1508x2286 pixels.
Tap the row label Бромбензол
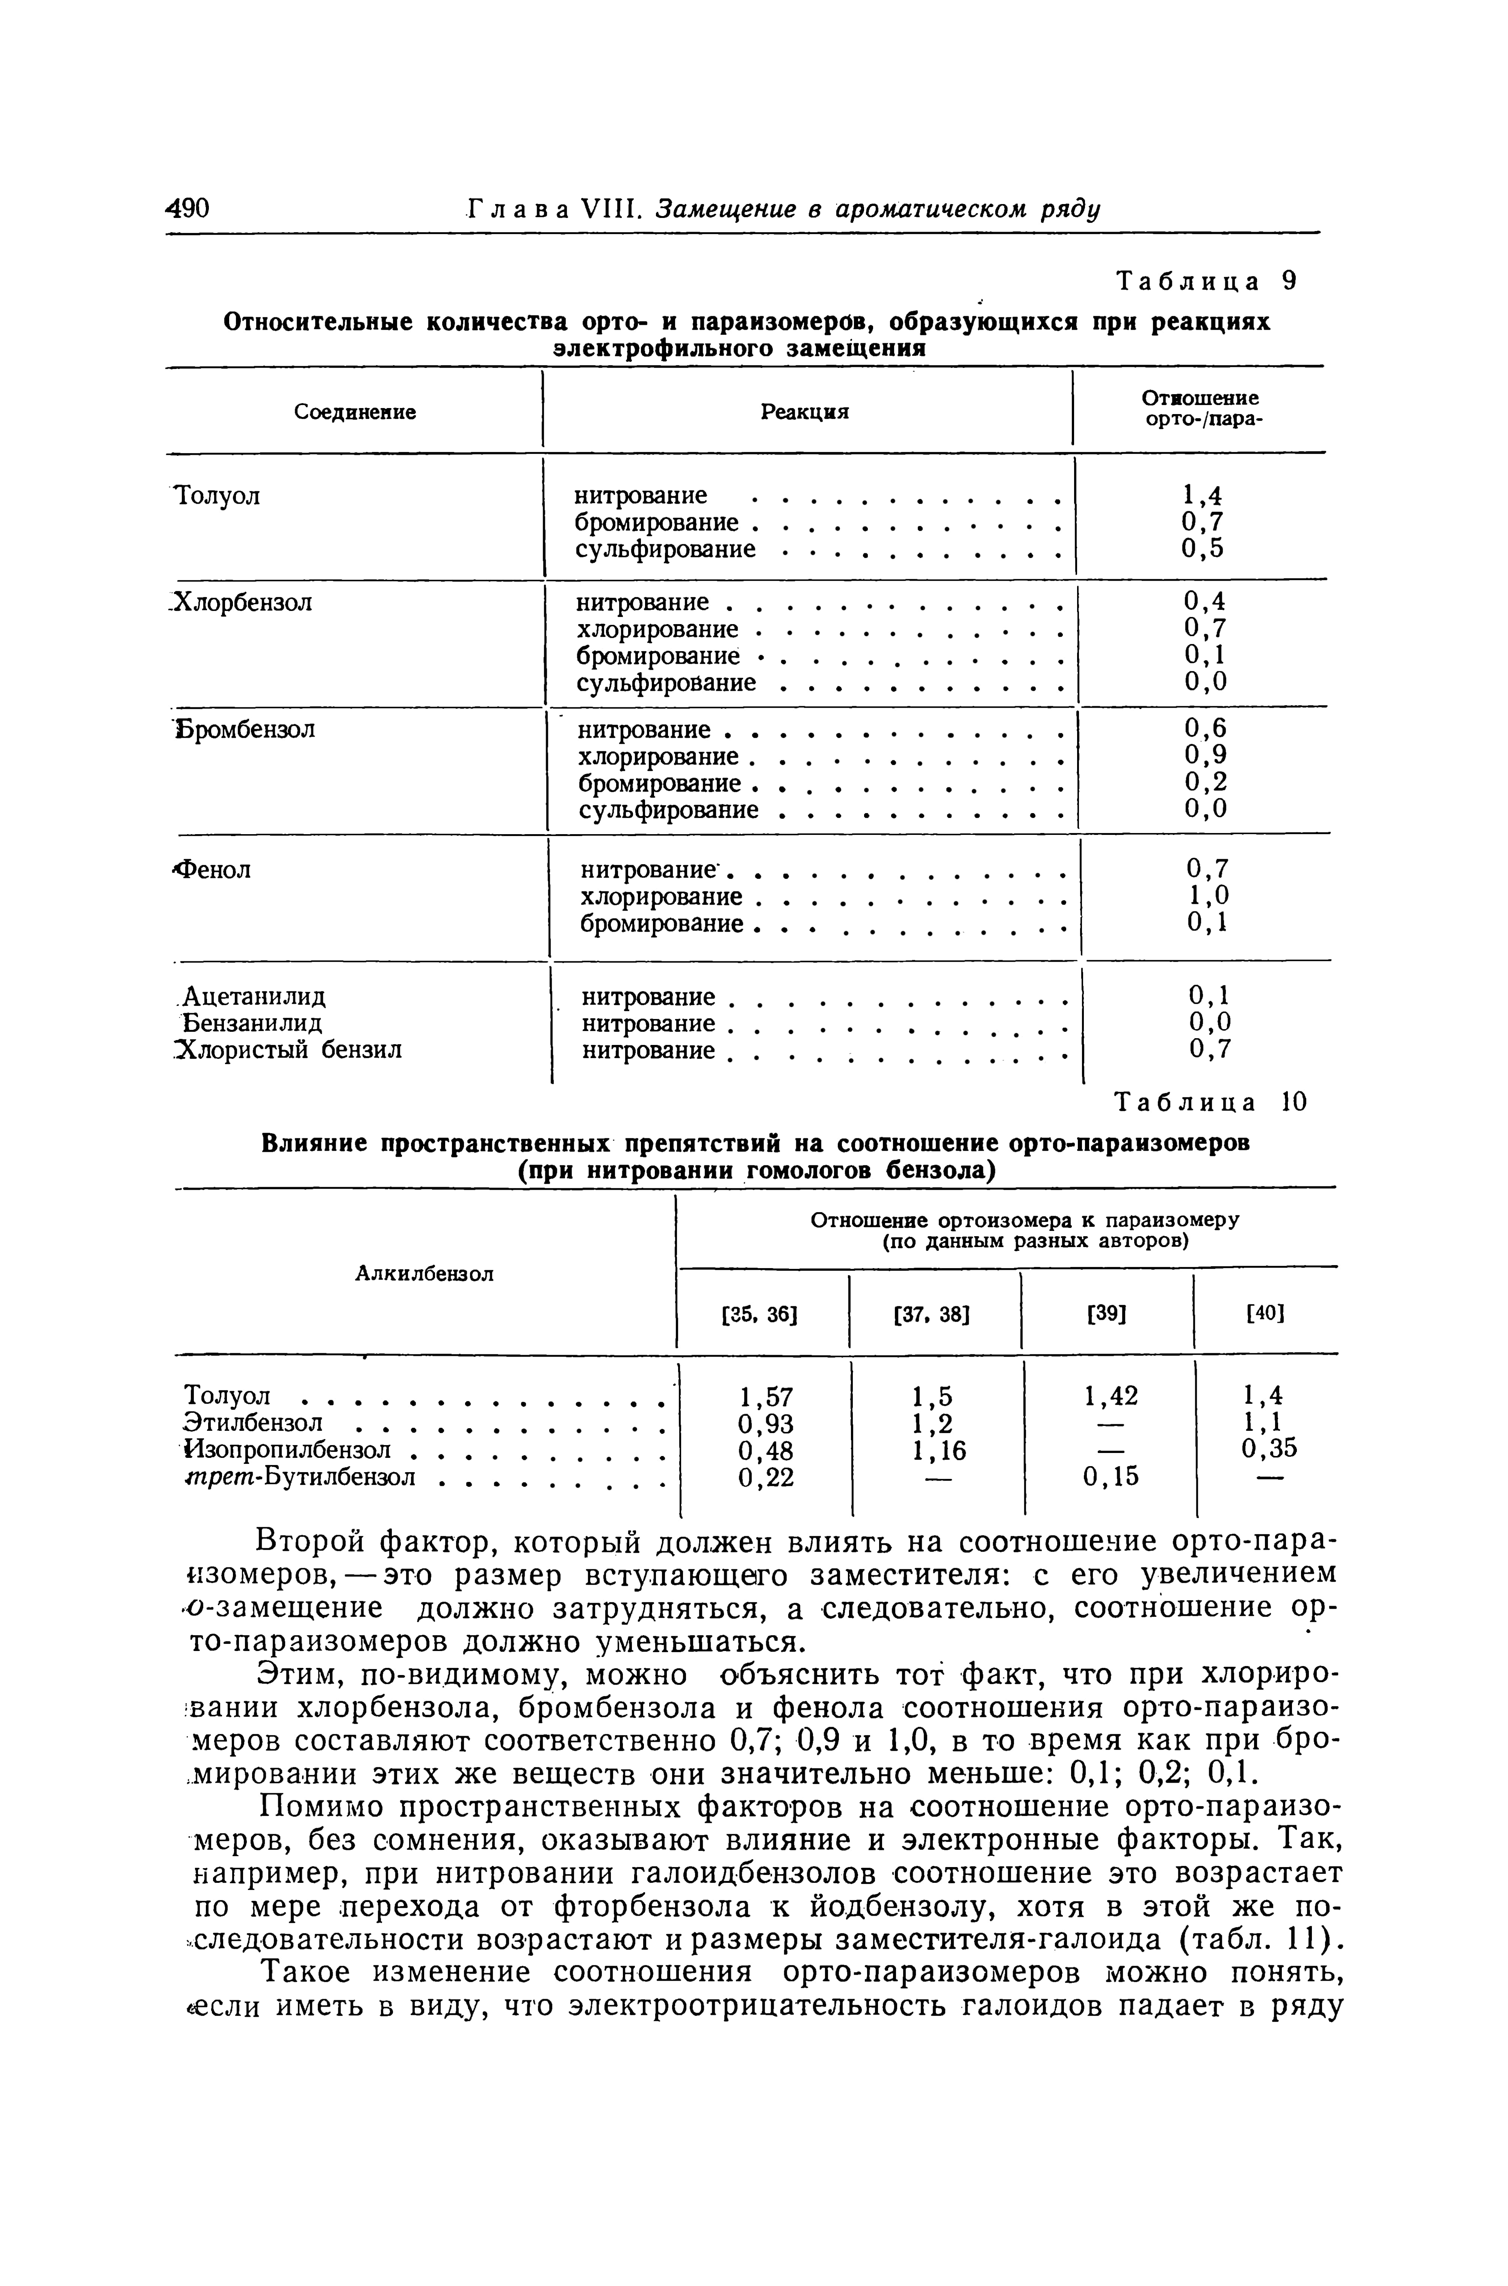[x=246, y=730]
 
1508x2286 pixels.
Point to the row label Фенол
[x=212, y=869]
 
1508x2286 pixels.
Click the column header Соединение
[x=355, y=411]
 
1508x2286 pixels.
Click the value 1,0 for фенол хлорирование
[x=1207, y=896]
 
